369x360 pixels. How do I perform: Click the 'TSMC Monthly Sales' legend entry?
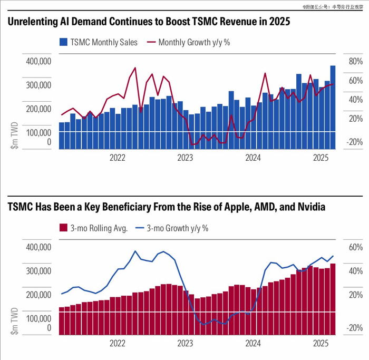click(103, 43)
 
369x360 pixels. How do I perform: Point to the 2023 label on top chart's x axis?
click(185, 158)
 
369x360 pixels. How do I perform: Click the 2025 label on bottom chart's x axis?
click(322, 343)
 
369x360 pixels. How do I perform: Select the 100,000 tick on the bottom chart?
click(38, 319)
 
